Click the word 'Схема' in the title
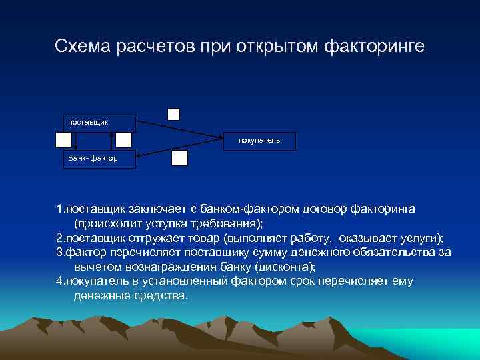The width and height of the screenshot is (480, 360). click(x=81, y=47)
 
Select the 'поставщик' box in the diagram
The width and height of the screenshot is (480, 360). click(x=99, y=123)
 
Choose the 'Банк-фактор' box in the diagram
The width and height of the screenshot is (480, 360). click(x=99, y=159)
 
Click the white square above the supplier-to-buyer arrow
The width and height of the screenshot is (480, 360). click(x=173, y=113)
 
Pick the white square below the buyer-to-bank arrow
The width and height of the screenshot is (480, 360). click(x=180, y=157)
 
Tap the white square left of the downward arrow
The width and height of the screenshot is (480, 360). click(x=63, y=140)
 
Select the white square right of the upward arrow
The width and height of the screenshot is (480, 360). click(x=123, y=140)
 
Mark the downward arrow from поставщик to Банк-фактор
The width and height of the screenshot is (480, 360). click(x=76, y=141)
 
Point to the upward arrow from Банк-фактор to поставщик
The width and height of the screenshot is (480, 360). click(x=111, y=141)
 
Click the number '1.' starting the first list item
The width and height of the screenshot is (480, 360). click(x=61, y=209)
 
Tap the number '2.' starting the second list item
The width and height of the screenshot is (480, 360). click(x=61, y=238)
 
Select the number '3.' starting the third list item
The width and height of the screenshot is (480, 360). click(x=61, y=252)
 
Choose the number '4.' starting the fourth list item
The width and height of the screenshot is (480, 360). click(x=61, y=281)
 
